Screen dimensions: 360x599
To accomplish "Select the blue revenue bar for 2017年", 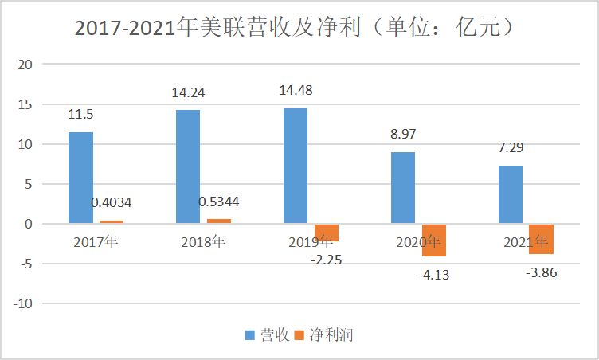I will coord(80,178).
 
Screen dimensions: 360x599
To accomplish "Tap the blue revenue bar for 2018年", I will coord(188,166).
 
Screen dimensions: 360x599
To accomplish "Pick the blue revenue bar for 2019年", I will coord(295,166).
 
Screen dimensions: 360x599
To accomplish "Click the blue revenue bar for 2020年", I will coord(403,188).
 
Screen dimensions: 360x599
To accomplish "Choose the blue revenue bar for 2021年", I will coord(511,194).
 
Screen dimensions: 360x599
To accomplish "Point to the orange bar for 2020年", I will coord(434,241).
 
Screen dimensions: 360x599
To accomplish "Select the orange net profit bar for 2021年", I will coord(542,239).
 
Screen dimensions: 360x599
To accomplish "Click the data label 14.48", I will coord(296,90).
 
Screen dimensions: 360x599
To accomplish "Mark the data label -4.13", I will coord(433,275).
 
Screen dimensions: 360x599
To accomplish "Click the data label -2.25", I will coord(326,259).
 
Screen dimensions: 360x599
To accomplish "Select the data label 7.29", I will coord(511,147).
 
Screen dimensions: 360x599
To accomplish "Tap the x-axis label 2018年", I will coord(203,242).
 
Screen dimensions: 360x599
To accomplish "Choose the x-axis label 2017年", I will coord(96,242).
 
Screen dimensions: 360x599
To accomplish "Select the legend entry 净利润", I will coord(324,335).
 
